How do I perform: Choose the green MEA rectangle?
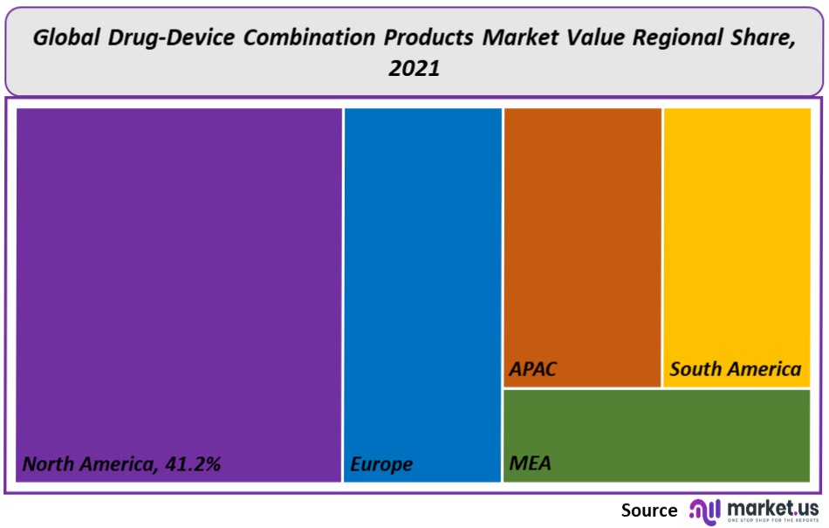coord(656,434)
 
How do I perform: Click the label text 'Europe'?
coord(381,464)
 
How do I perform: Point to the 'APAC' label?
coord(533,369)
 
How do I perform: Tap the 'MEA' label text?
coord(530,463)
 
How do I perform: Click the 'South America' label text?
coord(735,369)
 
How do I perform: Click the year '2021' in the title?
coord(414,68)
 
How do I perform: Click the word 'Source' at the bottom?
coord(648,511)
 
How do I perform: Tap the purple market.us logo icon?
coord(703,510)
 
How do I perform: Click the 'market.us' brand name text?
coord(772,506)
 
